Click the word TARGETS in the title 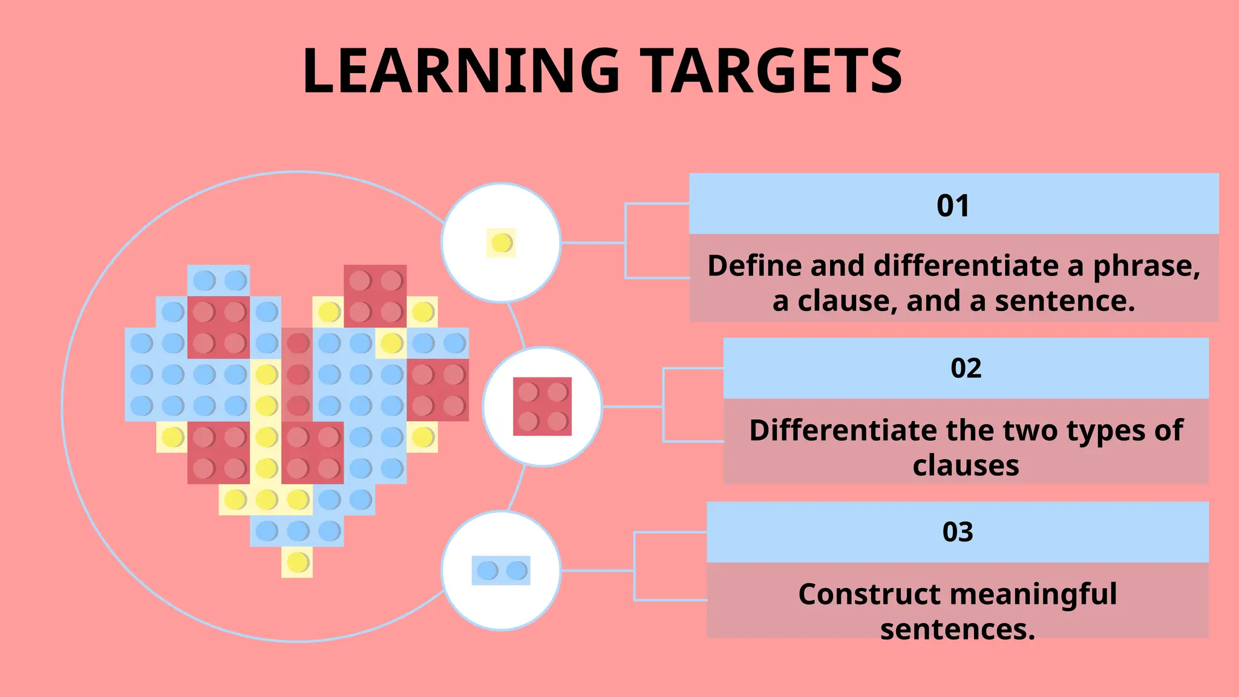click(771, 71)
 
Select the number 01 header click(953, 206)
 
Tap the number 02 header click(966, 368)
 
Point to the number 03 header click(958, 532)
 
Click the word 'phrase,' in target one click(1146, 266)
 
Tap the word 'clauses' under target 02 click(966, 466)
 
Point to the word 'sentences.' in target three click(958, 630)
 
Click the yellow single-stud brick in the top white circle click(502, 243)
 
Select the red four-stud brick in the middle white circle click(542, 407)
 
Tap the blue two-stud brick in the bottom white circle click(501, 571)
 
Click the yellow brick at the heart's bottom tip click(297, 562)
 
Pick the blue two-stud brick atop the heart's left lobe click(218, 281)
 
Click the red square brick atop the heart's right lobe click(375, 295)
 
